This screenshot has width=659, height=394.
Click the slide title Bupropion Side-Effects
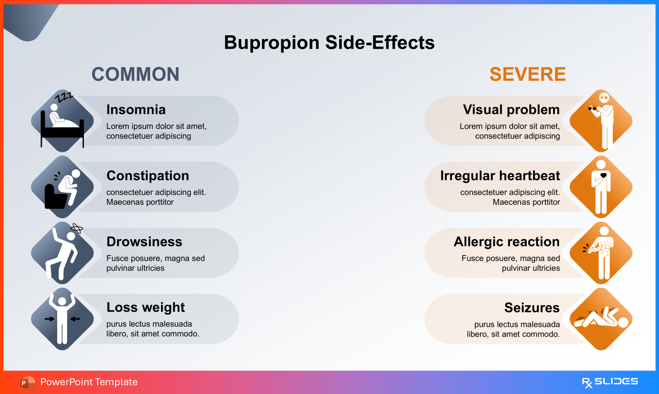point(329,43)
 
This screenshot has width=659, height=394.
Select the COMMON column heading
point(136,75)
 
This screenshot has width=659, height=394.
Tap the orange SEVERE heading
point(528,75)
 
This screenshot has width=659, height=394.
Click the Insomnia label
point(136,110)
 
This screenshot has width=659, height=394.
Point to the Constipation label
point(148,176)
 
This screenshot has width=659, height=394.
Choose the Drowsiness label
point(144,242)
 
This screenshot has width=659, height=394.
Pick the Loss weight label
point(145,308)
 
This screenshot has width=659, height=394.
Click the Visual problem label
point(511,110)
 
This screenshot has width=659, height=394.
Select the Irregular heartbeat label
point(500,176)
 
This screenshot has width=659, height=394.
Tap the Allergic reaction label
point(506,242)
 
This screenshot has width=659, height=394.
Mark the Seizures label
point(532,308)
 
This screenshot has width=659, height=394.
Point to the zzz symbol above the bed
point(64,97)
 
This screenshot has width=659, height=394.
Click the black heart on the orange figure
point(603,176)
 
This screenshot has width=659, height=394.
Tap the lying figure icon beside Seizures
point(601,319)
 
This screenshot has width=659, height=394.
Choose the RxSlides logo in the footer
point(609,382)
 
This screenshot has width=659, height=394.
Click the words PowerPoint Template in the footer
point(89,382)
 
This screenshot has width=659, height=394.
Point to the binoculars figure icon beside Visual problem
point(601,121)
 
